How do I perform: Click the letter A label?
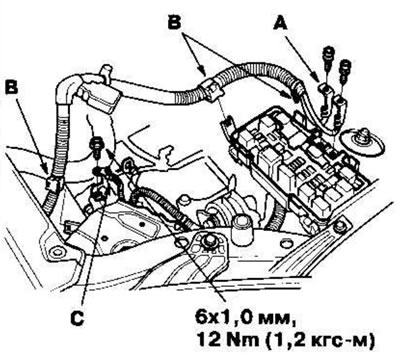coord(281,24)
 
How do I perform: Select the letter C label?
coord(77,319)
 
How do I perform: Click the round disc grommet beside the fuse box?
coord(362,143)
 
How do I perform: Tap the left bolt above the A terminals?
coord(328,57)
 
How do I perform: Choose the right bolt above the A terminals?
coord(345,70)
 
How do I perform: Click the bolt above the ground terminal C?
coord(96,146)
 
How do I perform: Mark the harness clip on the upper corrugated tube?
coord(211,92)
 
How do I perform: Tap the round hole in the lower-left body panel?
coord(54,251)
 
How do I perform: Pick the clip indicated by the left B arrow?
coord(53,184)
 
